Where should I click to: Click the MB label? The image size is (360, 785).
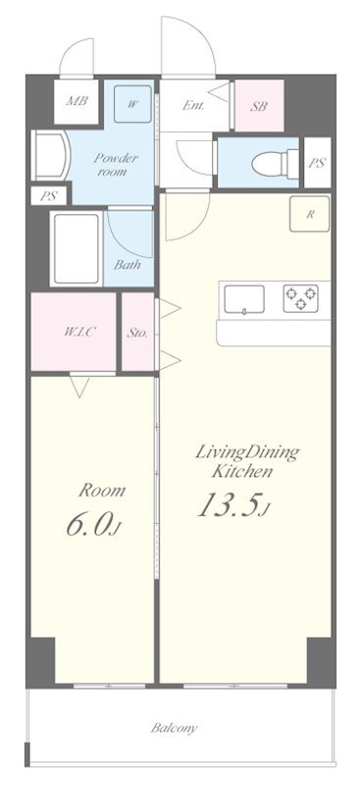pyautogui.click(x=77, y=101)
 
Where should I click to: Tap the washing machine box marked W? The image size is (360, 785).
pyautogui.click(x=132, y=104)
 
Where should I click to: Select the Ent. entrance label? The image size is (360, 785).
pyautogui.click(x=193, y=106)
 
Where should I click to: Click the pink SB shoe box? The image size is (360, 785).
pyautogui.click(x=259, y=106)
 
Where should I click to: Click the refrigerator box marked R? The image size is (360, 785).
pyautogui.click(x=309, y=214)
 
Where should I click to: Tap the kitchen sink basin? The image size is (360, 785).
pyautogui.click(x=244, y=299)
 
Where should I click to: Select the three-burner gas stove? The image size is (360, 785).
pyautogui.click(x=300, y=298)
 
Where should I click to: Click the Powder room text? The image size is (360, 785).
pyautogui.click(x=116, y=165)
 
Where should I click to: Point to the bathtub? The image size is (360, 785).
pyautogui.click(x=77, y=248)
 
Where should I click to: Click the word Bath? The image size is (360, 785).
pyautogui.click(x=128, y=265)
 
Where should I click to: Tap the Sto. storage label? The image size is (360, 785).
pyautogui.click(x=137, y=333)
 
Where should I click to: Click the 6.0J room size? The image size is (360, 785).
pyautogui.click(x=94, y=527)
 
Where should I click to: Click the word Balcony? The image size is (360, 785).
pyautogui.click(x=175, y=728)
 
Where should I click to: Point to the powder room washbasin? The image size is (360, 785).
pyautogui.click(x=49, y=155)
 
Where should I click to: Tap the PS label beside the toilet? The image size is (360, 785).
pyautogui.click(x=317, y=163)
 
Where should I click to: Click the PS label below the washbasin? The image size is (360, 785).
pyautogui.click(x=49, y=196)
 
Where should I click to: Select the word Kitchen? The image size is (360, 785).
pyautogui.click(x=242, y=471)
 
